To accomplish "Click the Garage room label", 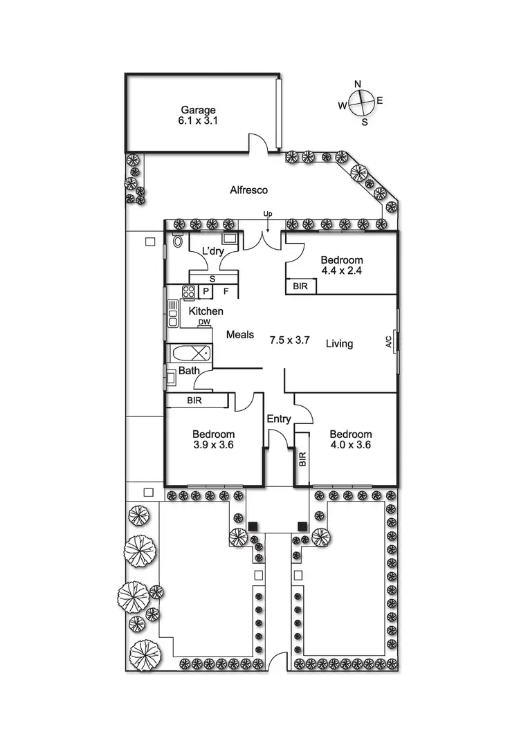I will [199, 109].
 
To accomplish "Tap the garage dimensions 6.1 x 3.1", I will [199, 121].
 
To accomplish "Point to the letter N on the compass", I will [358, 84].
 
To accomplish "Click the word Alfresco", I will [249, 190].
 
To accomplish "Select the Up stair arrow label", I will [267, 213].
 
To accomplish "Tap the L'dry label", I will [212, 250].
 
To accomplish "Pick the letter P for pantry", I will [206, 291].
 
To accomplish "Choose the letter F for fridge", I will [226, 291].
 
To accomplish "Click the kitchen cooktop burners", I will [187, 291].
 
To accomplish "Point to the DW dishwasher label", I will [203, 322].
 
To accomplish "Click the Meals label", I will [240, 335].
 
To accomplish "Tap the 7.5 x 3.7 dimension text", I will [289, 340].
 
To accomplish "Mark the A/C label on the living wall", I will [388, 341].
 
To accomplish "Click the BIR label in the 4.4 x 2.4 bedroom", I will [300, 286].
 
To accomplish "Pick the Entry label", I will [279, 419].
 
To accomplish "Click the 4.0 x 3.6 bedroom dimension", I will [351, 446].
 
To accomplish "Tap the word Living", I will [340, 344].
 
